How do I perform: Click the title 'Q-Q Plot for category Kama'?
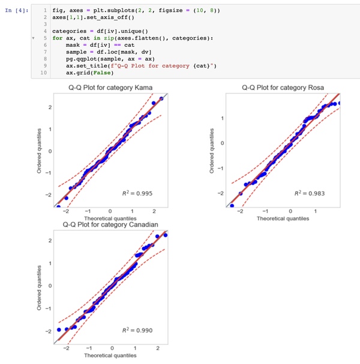[110, 88]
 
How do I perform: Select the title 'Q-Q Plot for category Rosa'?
[283, 88]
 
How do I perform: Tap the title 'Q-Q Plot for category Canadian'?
[110, 225]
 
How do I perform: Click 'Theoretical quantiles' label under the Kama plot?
[110, 218]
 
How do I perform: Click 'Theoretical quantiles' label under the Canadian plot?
[110, 356]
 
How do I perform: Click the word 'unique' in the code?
[125, 31]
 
